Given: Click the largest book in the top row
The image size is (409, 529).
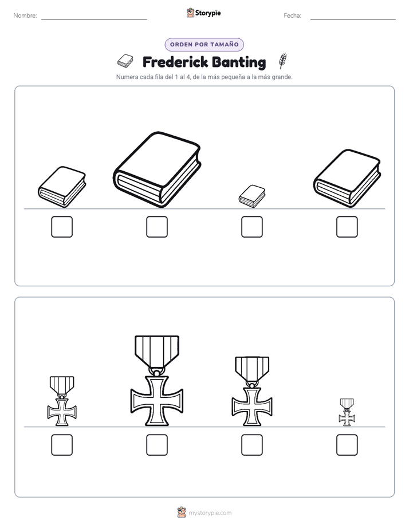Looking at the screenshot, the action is tap(157, 169).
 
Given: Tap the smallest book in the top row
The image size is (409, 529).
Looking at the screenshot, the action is tap(252, 196).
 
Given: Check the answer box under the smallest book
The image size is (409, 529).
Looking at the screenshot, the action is tap(252, 227).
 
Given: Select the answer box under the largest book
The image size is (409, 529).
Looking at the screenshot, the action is tap(157, 227).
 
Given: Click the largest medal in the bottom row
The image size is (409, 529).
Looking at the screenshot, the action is tap(157, 381).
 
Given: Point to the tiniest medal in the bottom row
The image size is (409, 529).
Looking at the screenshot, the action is tap(347, 412).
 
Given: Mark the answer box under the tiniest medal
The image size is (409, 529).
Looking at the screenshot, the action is tap(347, 445).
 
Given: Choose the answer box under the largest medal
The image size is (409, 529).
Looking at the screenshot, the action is tap(157, 445).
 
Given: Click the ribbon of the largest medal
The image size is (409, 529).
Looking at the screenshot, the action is tap(157, 351).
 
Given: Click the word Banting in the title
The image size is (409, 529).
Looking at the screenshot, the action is tap(239, 62).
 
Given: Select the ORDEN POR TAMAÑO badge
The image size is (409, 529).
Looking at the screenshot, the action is tap(204, 45).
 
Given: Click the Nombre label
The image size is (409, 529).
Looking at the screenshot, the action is tap(25, 15).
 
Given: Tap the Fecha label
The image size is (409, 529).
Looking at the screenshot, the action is tap(292, 15).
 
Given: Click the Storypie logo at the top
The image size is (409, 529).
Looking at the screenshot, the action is tap(203, 13).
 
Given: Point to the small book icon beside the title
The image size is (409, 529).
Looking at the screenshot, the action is tap(125, 61).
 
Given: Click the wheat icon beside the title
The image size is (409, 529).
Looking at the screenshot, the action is tap(283, 60).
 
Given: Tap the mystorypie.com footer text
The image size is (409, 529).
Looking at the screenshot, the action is tap(210, 513).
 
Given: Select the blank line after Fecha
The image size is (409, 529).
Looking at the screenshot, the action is tap(353, 19).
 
